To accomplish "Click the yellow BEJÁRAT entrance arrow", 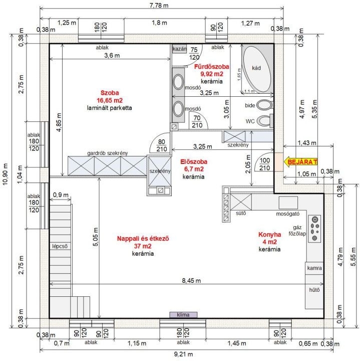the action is click(x=300, y=162).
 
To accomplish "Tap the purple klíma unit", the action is click(x=183, y=315).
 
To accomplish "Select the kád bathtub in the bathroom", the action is click(x=257, y=69).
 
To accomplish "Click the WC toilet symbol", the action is click(x=264, y=121).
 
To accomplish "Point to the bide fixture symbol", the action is click(x=265, y=105).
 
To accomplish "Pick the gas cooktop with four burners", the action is click(x=314, y=229).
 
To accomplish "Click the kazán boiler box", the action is click(x=179, y=49).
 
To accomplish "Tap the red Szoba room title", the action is click(x=110, y=93).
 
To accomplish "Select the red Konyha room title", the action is click(x=270, y=234).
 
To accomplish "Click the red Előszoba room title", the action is click(x=194, y=161).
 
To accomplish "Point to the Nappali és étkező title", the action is click(x=143, y=238).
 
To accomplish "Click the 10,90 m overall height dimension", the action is click(x=5, y=174).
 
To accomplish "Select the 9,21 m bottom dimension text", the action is click(x=183, y=354).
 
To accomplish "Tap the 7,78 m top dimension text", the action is click(x=159, y=5).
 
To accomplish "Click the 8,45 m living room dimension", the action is click(x=191, y=280).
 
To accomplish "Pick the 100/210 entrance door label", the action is click(x=264, y=164).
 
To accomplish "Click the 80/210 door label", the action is click(x=162, y=145).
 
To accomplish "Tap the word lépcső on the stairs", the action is click(x=60, y=246).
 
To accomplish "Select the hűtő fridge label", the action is click(x=314, y=290).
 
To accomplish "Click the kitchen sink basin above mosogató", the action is click(x=288, y=203).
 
